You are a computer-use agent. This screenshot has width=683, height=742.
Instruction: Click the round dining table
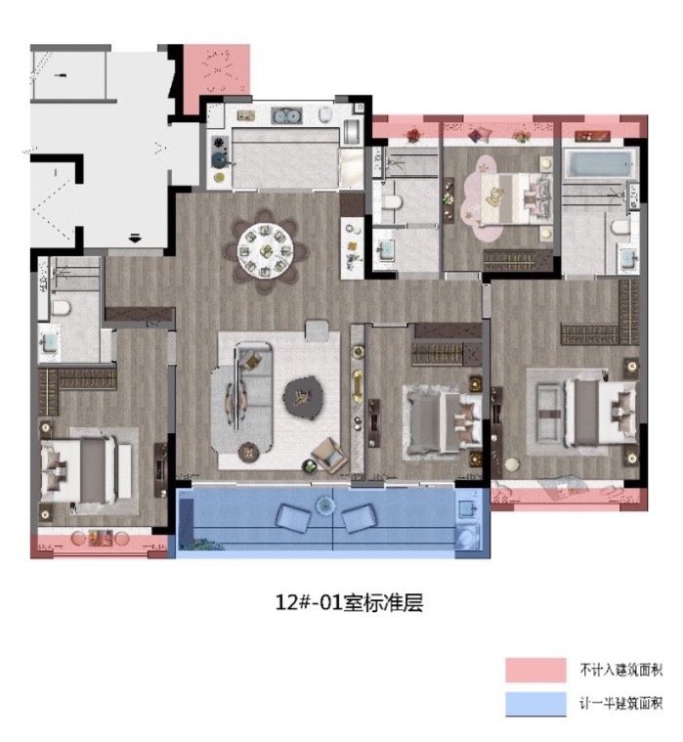pos(265,251)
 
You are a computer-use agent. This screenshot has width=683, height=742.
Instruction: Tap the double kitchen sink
pos(286,115)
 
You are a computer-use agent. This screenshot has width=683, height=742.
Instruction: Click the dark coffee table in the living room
pos(303,398)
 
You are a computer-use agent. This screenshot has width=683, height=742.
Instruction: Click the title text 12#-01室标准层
pos(349,603)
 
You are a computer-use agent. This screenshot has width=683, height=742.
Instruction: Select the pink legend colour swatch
pos(535,670)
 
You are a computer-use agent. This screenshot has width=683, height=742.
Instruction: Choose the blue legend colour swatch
pos(535,704)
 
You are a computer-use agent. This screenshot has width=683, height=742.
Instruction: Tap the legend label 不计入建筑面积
pos(621,670)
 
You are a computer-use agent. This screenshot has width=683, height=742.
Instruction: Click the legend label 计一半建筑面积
pos(621,703)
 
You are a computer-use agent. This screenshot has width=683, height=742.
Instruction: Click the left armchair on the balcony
pos(293,518)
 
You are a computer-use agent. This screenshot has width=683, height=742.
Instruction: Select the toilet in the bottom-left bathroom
pos(61,308)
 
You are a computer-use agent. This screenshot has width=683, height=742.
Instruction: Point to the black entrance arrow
pos(135,238)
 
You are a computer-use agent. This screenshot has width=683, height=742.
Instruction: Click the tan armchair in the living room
pos(329,455)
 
